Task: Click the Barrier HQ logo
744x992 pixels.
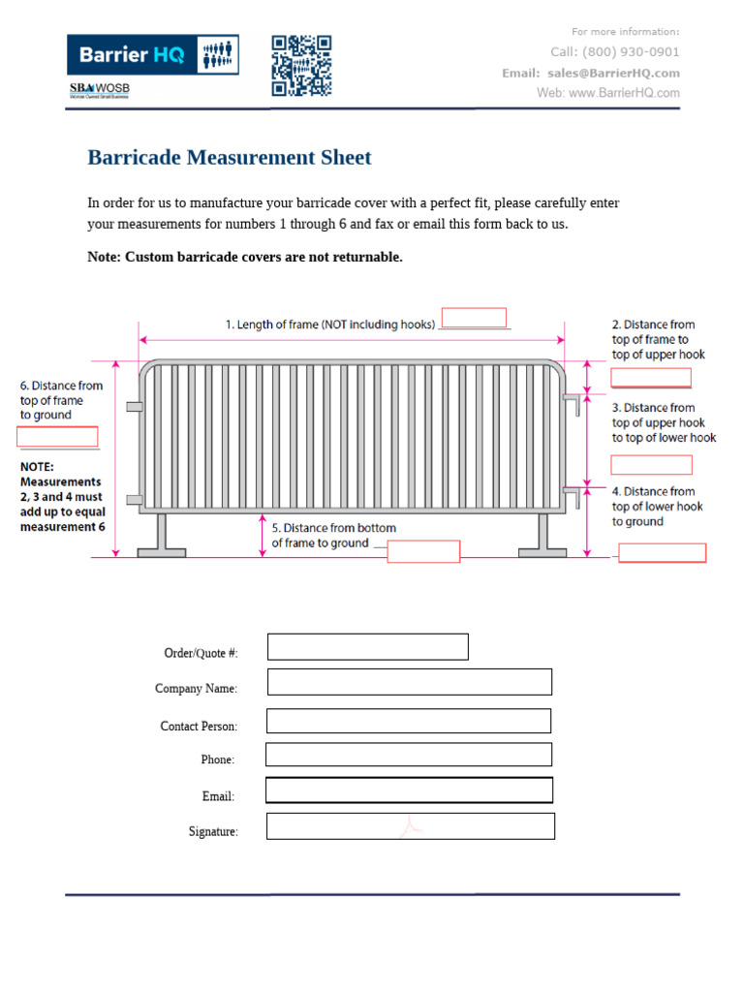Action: (x=152, y=55)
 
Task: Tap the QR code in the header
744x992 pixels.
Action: (x=301, y=66)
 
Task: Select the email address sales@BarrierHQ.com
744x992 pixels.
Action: (x=613, y=73)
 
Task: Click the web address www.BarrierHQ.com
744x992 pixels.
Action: (x=624, y=93)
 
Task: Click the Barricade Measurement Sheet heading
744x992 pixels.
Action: (x=230, y=158)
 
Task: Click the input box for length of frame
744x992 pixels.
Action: (x=474, y=318)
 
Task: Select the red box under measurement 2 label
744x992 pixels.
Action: (x=650, y=378)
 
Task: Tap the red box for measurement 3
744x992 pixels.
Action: (x=651, y=464)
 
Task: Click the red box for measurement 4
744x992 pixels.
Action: (x=663, y=553)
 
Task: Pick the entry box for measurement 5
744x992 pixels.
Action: (x=423, y=551)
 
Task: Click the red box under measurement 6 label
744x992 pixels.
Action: (x=57, y=436)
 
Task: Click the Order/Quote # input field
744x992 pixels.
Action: (x=368, y=647)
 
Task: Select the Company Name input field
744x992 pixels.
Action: (x=410, y=682)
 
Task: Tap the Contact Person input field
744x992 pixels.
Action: (x=409, y=721)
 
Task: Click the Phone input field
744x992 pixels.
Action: (x=409, y=755)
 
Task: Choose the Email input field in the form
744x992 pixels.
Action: (x=409, y=790)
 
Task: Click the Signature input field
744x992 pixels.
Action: (x=411, y=826)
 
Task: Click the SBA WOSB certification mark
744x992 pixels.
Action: (x=99, y=90)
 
